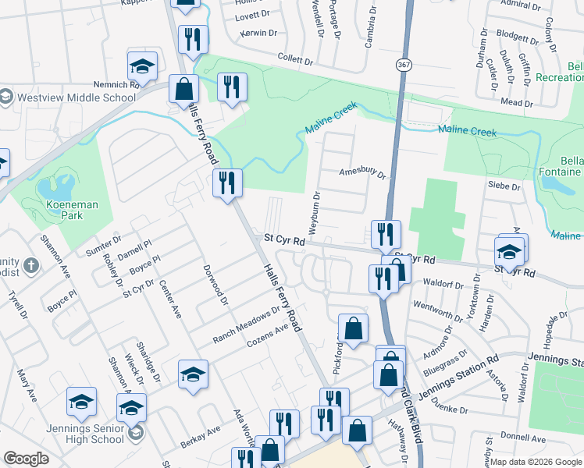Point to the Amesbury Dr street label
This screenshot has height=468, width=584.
coord(362,173)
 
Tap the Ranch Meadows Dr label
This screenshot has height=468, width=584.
coord(246,326)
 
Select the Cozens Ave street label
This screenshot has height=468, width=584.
coord(268,336)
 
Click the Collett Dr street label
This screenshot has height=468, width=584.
coord(296,58)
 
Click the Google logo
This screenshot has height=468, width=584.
coord(27,459)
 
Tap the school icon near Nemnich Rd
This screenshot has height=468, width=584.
coord(143,66)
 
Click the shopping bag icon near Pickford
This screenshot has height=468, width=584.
coord(353,328)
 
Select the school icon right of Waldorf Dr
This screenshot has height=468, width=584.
coord(509,251)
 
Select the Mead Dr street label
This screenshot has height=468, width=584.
coord(517,101)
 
